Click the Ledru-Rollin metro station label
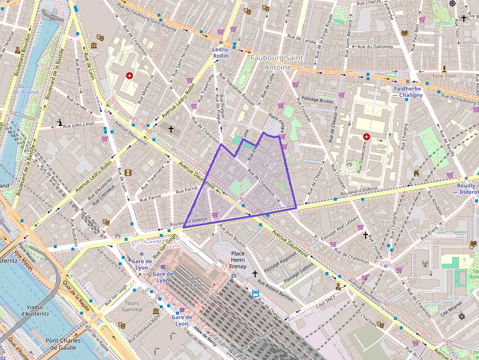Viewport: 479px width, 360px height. (x=221, y=53)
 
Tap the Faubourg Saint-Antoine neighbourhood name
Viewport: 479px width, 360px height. (x=278, y=63)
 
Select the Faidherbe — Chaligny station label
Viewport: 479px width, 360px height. (x=408, y=92)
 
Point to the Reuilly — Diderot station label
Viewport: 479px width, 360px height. (x=467, y=189)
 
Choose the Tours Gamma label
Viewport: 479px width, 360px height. (x=132, y=306)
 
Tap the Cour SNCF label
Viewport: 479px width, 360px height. (x=326, y=297)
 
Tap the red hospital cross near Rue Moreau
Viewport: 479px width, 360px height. (x=130, y=76)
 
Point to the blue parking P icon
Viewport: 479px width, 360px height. (x=234, y=277)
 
